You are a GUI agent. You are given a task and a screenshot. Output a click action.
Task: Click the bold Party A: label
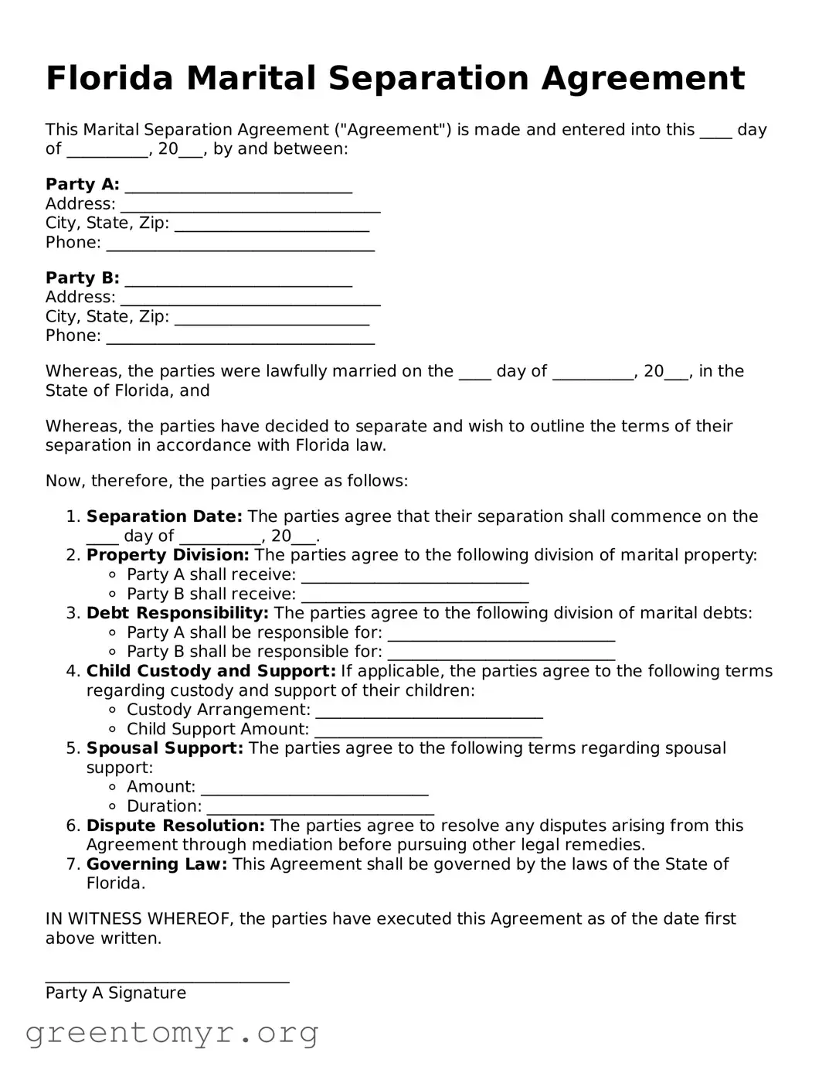click(x=83, y=185)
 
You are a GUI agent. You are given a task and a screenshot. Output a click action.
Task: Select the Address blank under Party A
click(x=250, y=206)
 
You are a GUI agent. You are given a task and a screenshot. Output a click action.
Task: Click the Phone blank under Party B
click(x=240, y=338)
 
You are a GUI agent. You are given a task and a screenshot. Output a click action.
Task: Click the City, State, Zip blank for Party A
click(x=272, y=225)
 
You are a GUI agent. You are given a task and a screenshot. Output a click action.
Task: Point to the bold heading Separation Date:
click(x=164, y=516)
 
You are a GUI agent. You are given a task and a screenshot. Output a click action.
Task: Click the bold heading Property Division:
click(x=168, y=555)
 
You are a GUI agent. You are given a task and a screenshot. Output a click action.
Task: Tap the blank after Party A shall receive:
click(x=415, y=577)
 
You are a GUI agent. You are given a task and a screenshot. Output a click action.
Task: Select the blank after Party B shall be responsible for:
click(x=501, y=654)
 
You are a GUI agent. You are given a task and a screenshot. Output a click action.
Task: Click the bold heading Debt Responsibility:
click(x=177, y=613)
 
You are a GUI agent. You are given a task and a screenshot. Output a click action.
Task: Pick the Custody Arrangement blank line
click(x=429, y=712)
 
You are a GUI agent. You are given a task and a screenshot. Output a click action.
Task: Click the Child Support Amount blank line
click(x=428, y=731)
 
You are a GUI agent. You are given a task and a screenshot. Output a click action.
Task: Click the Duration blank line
click(x=320, y=809)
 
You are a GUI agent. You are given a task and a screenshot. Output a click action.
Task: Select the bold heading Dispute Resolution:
click(x=175, y=826)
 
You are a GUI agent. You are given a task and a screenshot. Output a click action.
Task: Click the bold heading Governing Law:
click(x=157, y=864)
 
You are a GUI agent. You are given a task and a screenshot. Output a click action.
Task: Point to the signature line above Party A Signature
click(x=167, y=978)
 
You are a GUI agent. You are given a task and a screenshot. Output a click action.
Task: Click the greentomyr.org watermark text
click(x=172, y=1033)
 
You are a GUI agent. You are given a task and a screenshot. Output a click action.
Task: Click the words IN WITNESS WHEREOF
click(x=139, y=919)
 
